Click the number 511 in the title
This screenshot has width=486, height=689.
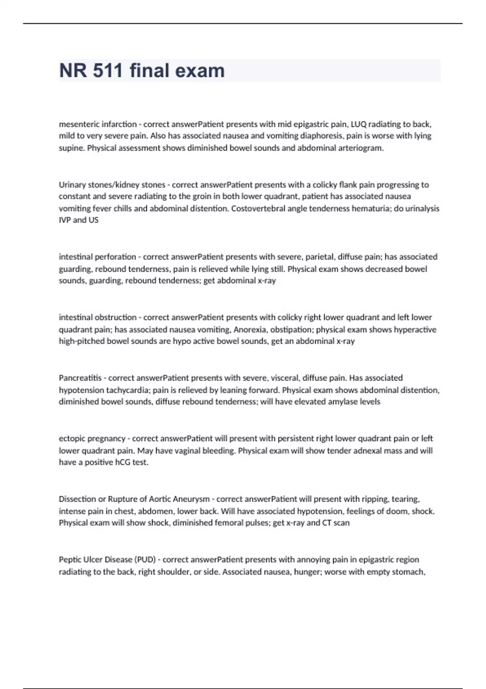pyautogui.click(x=108, y=71)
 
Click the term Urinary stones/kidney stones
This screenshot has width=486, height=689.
pyautogui.click(x=112, y=185)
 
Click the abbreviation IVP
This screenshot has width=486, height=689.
pyautogui.click(x=65, y=220)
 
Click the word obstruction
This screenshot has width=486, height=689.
pyautogui.click(x=116, y=317)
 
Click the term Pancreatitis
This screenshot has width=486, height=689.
pyautogui.click(x=80, y=378)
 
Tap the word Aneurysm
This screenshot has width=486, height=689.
pyautogui.click(x=191, y=499)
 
